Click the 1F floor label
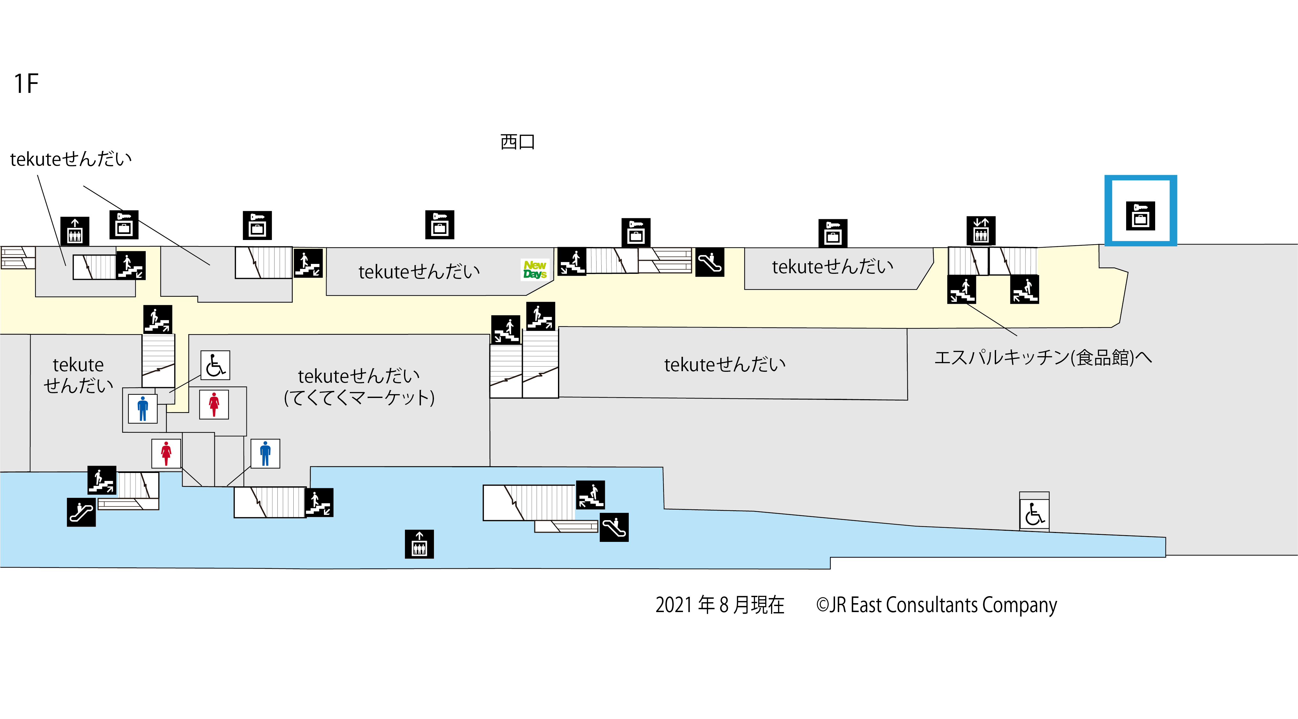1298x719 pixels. [x=26, y=84]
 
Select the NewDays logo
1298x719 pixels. [x=535, y=270]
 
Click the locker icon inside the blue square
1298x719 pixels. [x=1140, y=215]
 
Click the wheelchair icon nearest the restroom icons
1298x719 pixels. [x=215, y=365]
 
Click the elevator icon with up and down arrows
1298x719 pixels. [x=980, y=231]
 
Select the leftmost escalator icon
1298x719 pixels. [x=81, y=512]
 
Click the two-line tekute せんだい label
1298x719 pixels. [x=78, y=375]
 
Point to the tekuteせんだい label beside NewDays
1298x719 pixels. [x=419, y=272]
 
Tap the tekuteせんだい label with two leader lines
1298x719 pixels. [x=70, y=159]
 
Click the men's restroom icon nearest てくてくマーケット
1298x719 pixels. [x=265, y=453]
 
